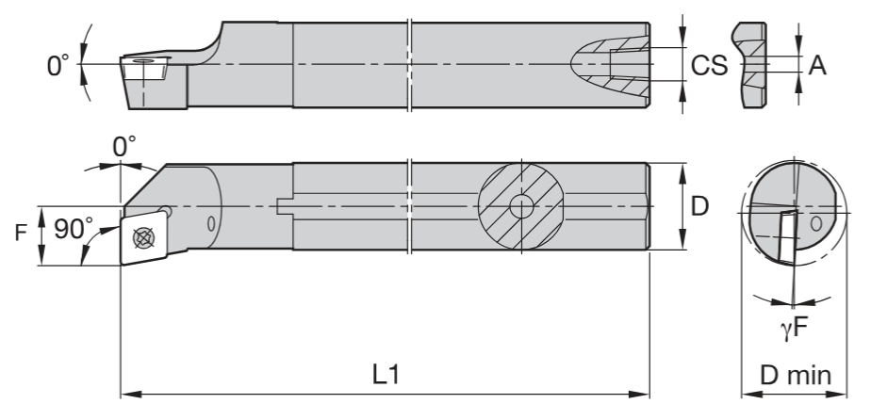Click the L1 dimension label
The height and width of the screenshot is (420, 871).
click(x=386, y=375)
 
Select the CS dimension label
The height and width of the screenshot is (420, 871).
click(x=709, y=66)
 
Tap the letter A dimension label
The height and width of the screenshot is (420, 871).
click(x=817, y=66)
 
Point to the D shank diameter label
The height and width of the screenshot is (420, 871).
click(x=699, y=206)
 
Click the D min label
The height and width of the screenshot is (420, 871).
click(x=795, y=376)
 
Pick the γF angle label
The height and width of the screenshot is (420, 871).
click(x=794, y=329)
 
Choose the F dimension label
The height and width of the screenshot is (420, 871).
click(x=21, y=233)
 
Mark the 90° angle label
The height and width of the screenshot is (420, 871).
click(x=74, y=228)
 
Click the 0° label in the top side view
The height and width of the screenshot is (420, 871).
click(x=58, y=66)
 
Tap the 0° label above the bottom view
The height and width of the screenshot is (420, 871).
click(x=124, y=147)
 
